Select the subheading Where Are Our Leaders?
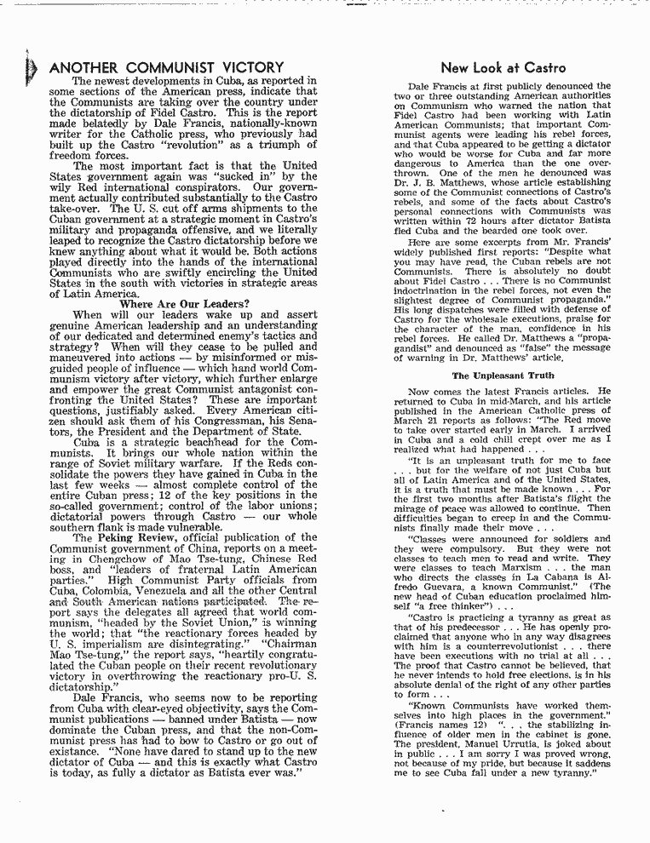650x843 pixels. pyautogui.click(x=185, y=304)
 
